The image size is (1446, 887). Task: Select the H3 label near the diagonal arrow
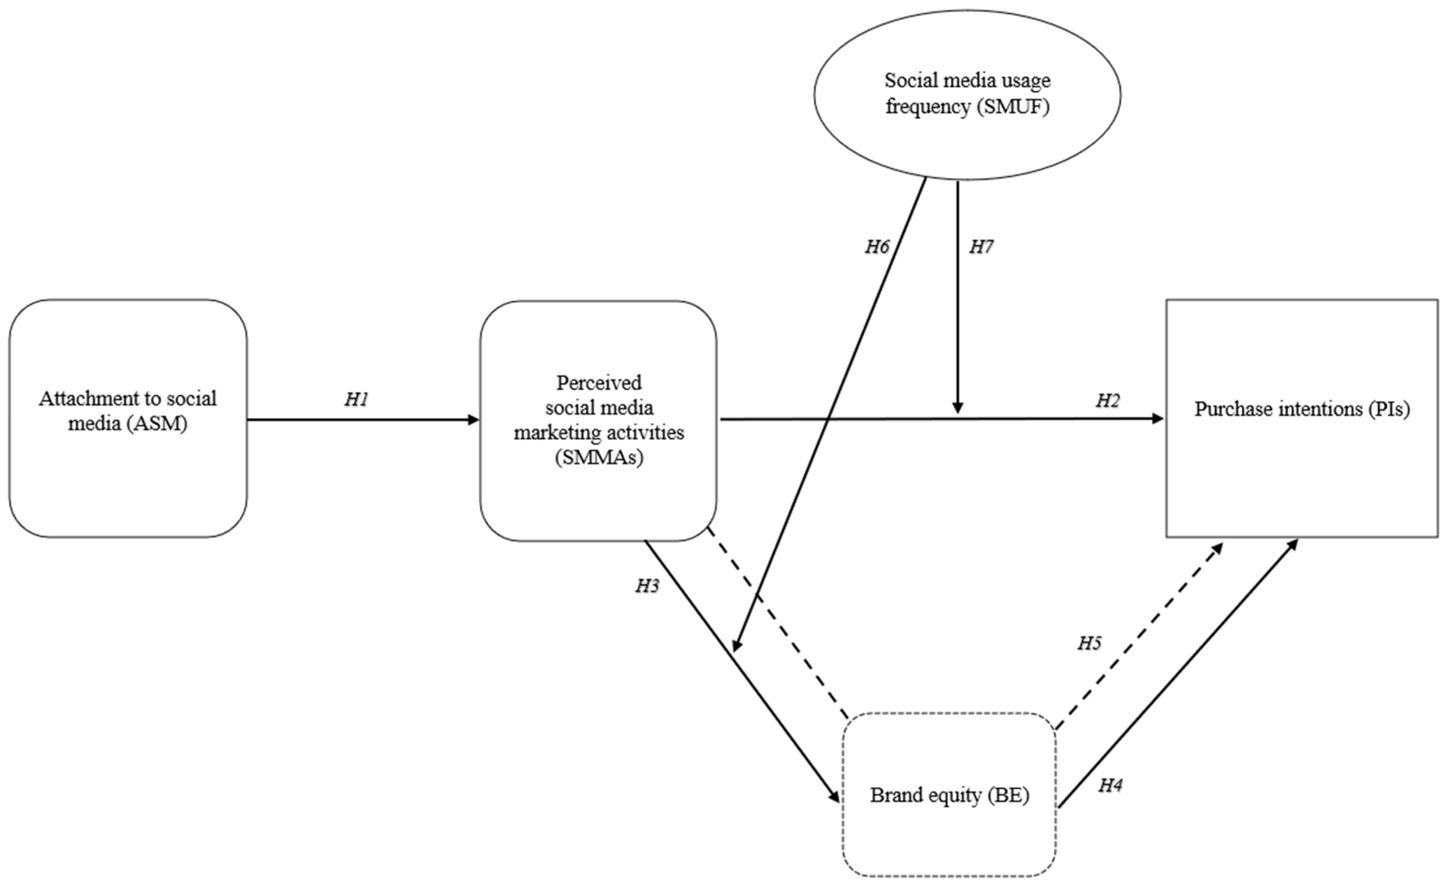(x=647, y=585)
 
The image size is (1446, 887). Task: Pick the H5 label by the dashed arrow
(x=1089, y=643)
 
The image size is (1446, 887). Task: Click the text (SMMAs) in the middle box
(x=599, y=457)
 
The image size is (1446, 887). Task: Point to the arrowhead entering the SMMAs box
(x=474, y=420)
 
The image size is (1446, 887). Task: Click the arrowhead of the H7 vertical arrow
(x=958, y=408)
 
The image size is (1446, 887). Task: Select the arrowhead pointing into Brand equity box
(x=835, y=797)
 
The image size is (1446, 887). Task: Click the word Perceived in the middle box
(x=599, y=383)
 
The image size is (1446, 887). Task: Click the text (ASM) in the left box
(x=157, y=424)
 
